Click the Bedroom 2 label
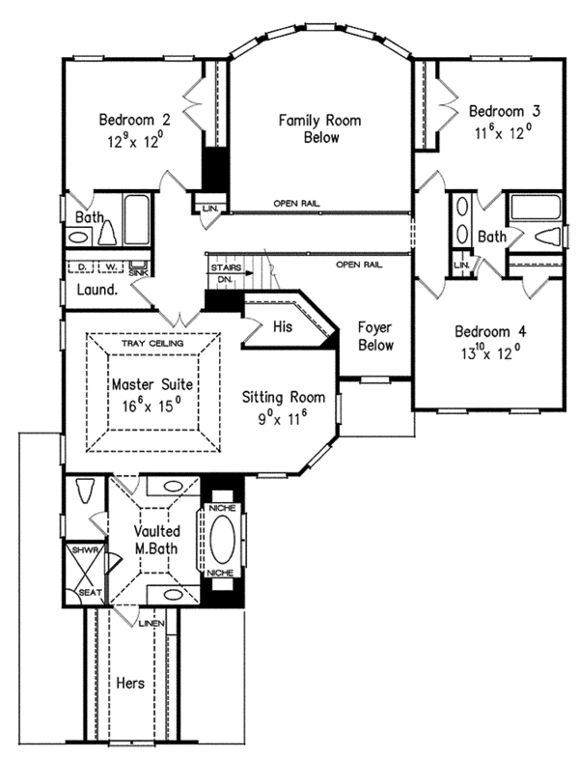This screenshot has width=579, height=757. tap(134, 120)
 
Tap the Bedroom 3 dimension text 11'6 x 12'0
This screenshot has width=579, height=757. tap(502, 133)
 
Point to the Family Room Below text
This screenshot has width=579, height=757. tap(307, 128)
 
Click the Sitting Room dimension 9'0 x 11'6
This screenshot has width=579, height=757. tap(281, 419)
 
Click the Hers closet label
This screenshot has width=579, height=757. tap(129, 683)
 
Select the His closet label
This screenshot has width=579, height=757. tap(282, 327)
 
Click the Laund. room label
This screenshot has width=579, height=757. tap(96, 289)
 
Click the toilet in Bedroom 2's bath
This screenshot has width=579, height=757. tap(107, 233)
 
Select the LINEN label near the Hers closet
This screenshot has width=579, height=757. tap(152, 624)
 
